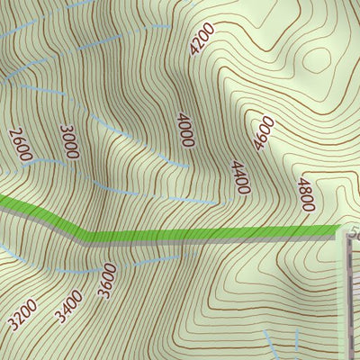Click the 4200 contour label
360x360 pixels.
click(x=202, y=40)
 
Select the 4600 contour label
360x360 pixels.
click(x=263, y=132)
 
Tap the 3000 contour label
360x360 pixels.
click(x=69, y=142)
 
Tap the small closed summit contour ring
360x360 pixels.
click(x=317, y=59)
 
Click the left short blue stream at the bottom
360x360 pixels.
click(x=269, y=342)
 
